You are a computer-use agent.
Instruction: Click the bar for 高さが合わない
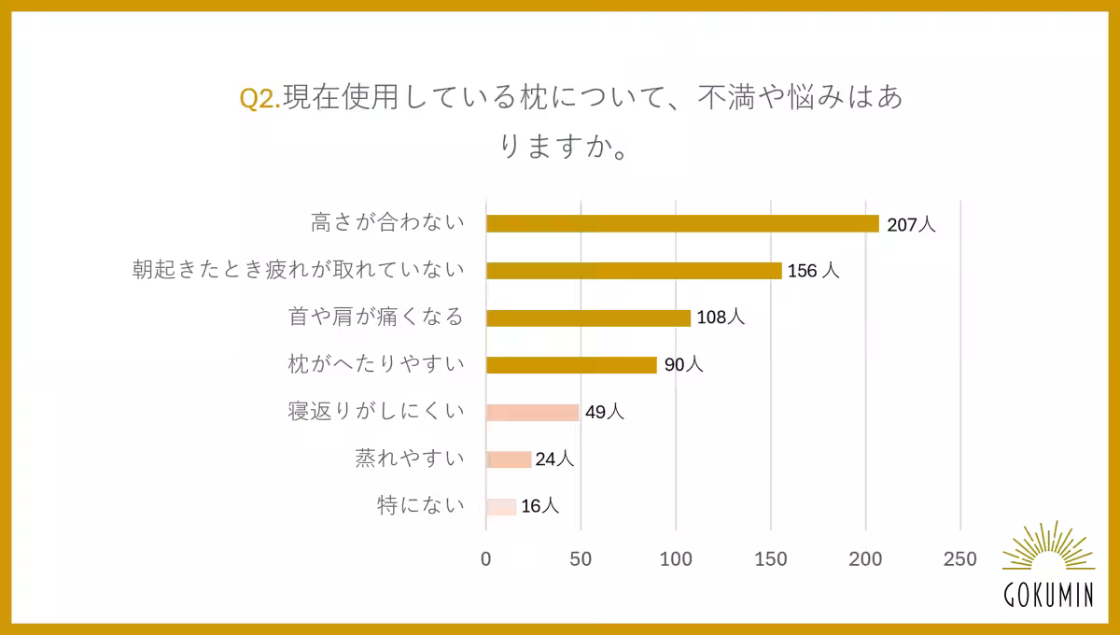tap(682, 224)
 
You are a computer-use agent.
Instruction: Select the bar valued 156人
tap(634, 271)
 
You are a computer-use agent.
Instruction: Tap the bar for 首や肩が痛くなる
tap(588, 318)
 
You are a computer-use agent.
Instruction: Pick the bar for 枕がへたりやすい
tap(571, 365)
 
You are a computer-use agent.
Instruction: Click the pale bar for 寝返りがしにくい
tap(533, 413)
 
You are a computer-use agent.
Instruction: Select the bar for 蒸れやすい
tap(509, 459)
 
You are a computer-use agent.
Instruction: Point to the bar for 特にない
tap(501, 507)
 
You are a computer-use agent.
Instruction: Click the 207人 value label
tap(910, 224)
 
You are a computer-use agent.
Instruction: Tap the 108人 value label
tap(721, 317)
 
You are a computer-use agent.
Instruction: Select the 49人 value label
tap(604, 412)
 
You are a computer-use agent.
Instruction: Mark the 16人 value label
tap(539, 507)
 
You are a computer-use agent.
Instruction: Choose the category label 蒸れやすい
tap(409, 459)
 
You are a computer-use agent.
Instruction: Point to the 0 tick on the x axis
tap(486, 559)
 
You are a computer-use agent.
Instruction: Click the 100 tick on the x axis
tap(676, 559)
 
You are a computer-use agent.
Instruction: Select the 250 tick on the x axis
tap(959, 559)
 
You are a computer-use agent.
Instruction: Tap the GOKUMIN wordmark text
tap(1048, 596)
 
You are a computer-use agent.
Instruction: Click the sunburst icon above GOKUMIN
tap(1048, 548)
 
